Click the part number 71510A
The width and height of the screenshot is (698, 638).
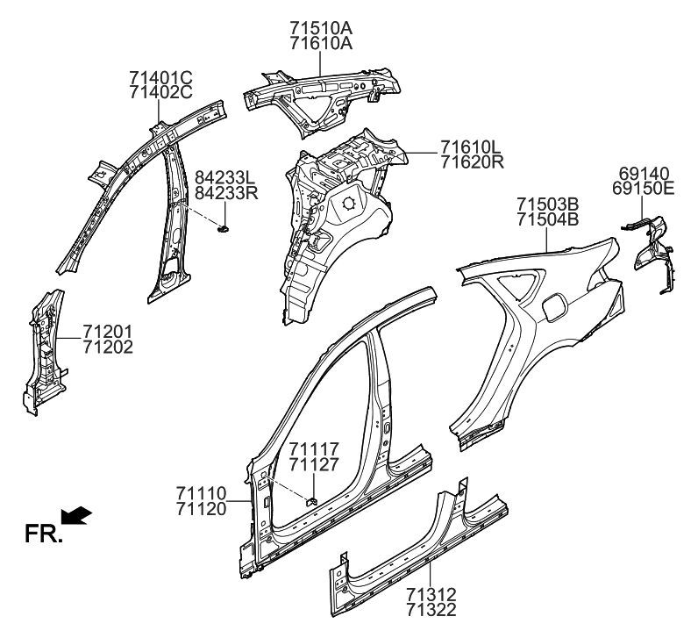(x=321, y=28)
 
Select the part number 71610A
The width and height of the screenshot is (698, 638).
(x=321, y=43)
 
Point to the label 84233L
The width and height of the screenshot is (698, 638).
(x=226, y=176)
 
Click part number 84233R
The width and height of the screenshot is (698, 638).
(x=226, y=192)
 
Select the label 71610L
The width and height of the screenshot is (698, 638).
(x=471, y=147)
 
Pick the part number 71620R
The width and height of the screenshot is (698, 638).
(x=471, y=161)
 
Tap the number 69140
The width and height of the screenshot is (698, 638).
(x=644, y=174)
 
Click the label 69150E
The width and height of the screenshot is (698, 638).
(x=644, y=189)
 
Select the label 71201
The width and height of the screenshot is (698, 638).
(x=108, y=331)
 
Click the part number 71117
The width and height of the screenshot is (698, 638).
(x=314, y=449)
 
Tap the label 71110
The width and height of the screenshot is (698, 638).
(x=200, y=493)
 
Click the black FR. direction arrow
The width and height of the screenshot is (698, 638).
(x=77, y=517)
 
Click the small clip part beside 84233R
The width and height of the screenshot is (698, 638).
(x=224, y=228)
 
